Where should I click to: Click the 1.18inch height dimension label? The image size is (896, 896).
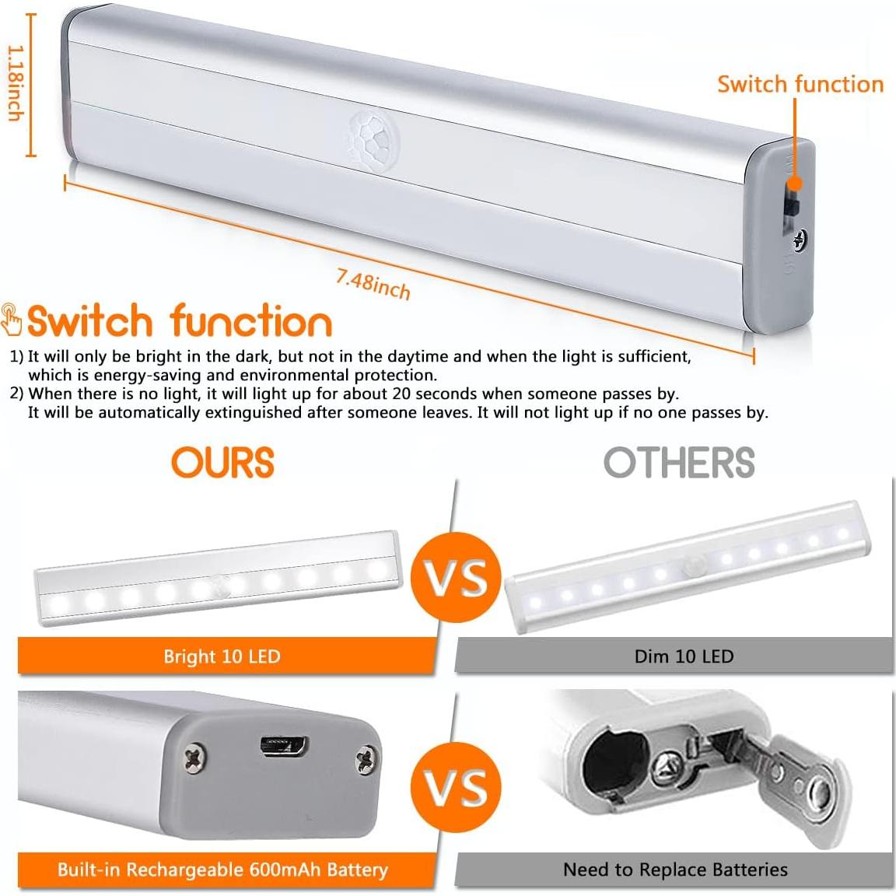15,83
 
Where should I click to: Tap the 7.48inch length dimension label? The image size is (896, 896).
373,284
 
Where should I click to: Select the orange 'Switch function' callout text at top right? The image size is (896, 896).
800,84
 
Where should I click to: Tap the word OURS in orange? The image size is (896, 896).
223,463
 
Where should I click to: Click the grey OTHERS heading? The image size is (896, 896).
679,463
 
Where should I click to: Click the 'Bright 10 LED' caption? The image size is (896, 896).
222,656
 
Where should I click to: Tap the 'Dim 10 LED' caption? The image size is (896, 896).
684,656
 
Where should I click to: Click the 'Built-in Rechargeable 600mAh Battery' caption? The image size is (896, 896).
222,870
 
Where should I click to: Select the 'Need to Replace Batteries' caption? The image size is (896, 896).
675,870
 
